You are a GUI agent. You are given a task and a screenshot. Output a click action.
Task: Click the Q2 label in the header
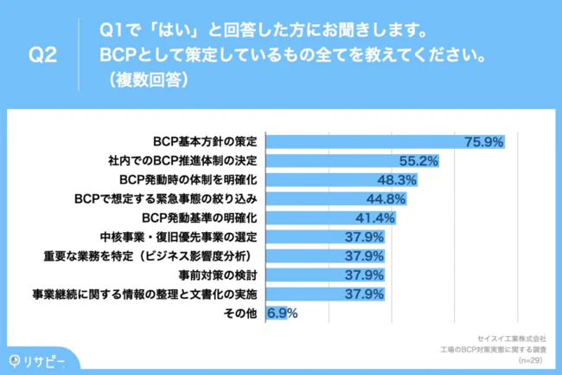click(42, 55)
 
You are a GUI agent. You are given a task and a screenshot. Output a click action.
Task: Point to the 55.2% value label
click(419, 160)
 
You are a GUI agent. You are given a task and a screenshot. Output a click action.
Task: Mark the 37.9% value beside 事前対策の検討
click(364, 275)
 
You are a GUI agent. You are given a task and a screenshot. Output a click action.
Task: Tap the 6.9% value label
click(284, 313)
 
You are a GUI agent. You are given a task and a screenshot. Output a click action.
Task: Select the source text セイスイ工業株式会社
click(512, 338)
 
